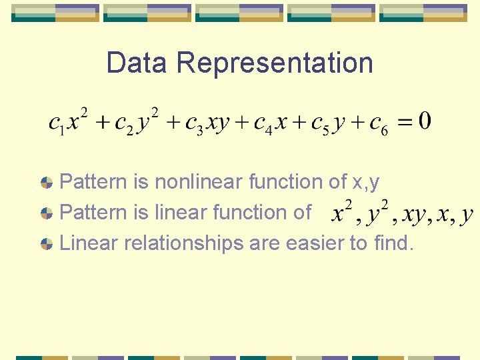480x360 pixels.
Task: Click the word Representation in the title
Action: (x=275, y=63)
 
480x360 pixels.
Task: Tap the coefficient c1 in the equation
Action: (x=56, y=123)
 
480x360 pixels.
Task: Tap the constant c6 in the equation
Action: (x=378, y=123)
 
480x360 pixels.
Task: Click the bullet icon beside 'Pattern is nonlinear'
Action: (x=47, y=182)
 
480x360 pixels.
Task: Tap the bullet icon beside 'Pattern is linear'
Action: (x=47, y=213)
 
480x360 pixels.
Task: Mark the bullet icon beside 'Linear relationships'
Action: (x=47, y=244)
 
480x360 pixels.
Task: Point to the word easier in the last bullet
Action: (x=313, y=243)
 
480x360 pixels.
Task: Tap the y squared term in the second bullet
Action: (x=377, y=213)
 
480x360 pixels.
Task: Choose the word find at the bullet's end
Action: (x=394, y=243)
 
